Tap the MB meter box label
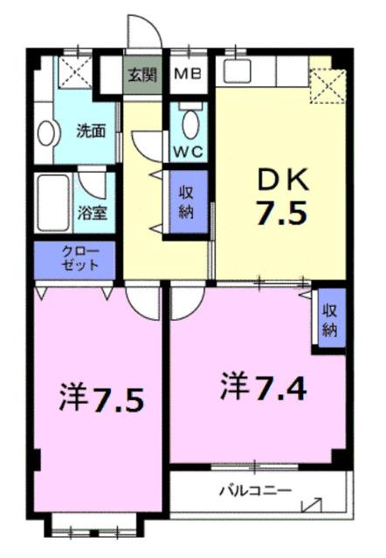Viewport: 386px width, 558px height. (x=187, y=75)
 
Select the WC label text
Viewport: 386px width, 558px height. (x=187, y=150)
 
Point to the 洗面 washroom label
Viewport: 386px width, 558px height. (x=91, y=132)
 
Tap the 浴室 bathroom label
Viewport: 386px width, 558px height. (x=92, y=212)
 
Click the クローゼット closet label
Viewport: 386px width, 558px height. (x=74, y=259)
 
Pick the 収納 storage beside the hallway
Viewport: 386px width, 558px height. (x=187, y=202)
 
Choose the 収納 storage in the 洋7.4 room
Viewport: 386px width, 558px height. (x=331, y=320)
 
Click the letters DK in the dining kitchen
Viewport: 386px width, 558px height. (x=281, y=181)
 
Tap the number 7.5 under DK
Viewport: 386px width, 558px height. (x=281, y=213)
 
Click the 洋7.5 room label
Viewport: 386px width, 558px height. (x=100, y=400)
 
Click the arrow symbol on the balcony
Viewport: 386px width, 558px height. (x=311, y=504)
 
